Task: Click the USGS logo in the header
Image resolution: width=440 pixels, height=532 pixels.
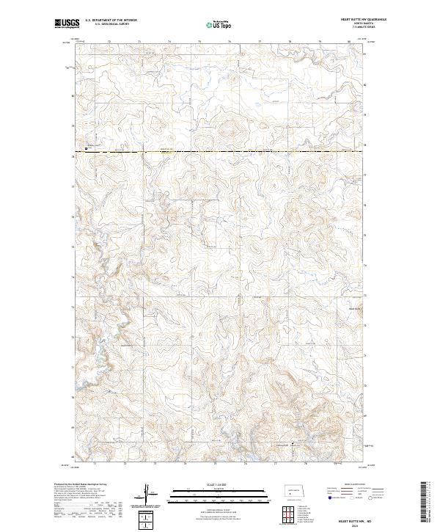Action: click(66, 24)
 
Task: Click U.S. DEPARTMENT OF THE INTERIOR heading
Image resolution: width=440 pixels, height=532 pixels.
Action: click(111, 20)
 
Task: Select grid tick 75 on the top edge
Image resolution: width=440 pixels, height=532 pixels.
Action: click(199, 42)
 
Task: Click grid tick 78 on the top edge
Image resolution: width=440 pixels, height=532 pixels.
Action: click(290, 42)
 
